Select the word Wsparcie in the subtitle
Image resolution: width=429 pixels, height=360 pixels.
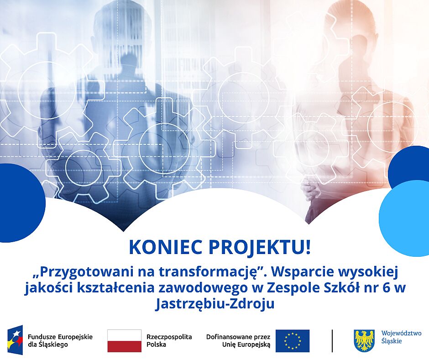point(302,272)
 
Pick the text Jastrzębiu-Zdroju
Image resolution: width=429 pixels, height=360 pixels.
point(214,304)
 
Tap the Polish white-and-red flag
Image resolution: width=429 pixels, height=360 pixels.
point(124,341)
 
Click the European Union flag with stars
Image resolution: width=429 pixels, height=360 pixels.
point(293,341)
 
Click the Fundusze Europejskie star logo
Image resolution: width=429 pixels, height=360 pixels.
point(16,340)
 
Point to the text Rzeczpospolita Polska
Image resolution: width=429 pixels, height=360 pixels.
point(169,340)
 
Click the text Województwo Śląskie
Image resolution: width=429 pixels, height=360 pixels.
point(401,337)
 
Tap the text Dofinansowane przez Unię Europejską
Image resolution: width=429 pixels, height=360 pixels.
point(238,340)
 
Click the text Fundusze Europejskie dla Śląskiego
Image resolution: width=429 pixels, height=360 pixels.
point(60,340)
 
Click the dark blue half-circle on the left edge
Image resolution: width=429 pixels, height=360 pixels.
point(19,203)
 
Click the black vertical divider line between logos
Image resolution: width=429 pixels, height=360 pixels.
point(332,341)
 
